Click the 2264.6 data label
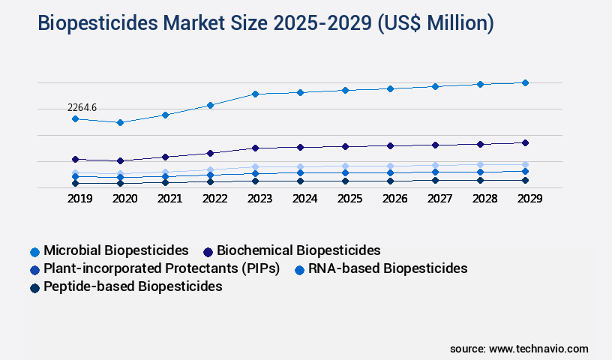(x=82, y=108)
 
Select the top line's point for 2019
(x=75, y=118)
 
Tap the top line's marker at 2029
(x=525, y=82)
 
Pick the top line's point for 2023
(x=255, y=94)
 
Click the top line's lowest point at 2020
(x=120, y=122)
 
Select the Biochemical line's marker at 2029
(x=525, y=142)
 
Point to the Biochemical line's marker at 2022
(x=210, y=153)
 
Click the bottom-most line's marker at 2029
(x=525, y=180)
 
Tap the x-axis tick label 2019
(x=79, y=199)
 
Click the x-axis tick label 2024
(x=304, y=199)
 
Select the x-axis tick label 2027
(x=439, y=199)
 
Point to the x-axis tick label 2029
(x=529, y=199)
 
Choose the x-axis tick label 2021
(x=169, y=199)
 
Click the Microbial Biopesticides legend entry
(x=115, y=250)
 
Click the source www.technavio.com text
(x=519, y=349)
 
